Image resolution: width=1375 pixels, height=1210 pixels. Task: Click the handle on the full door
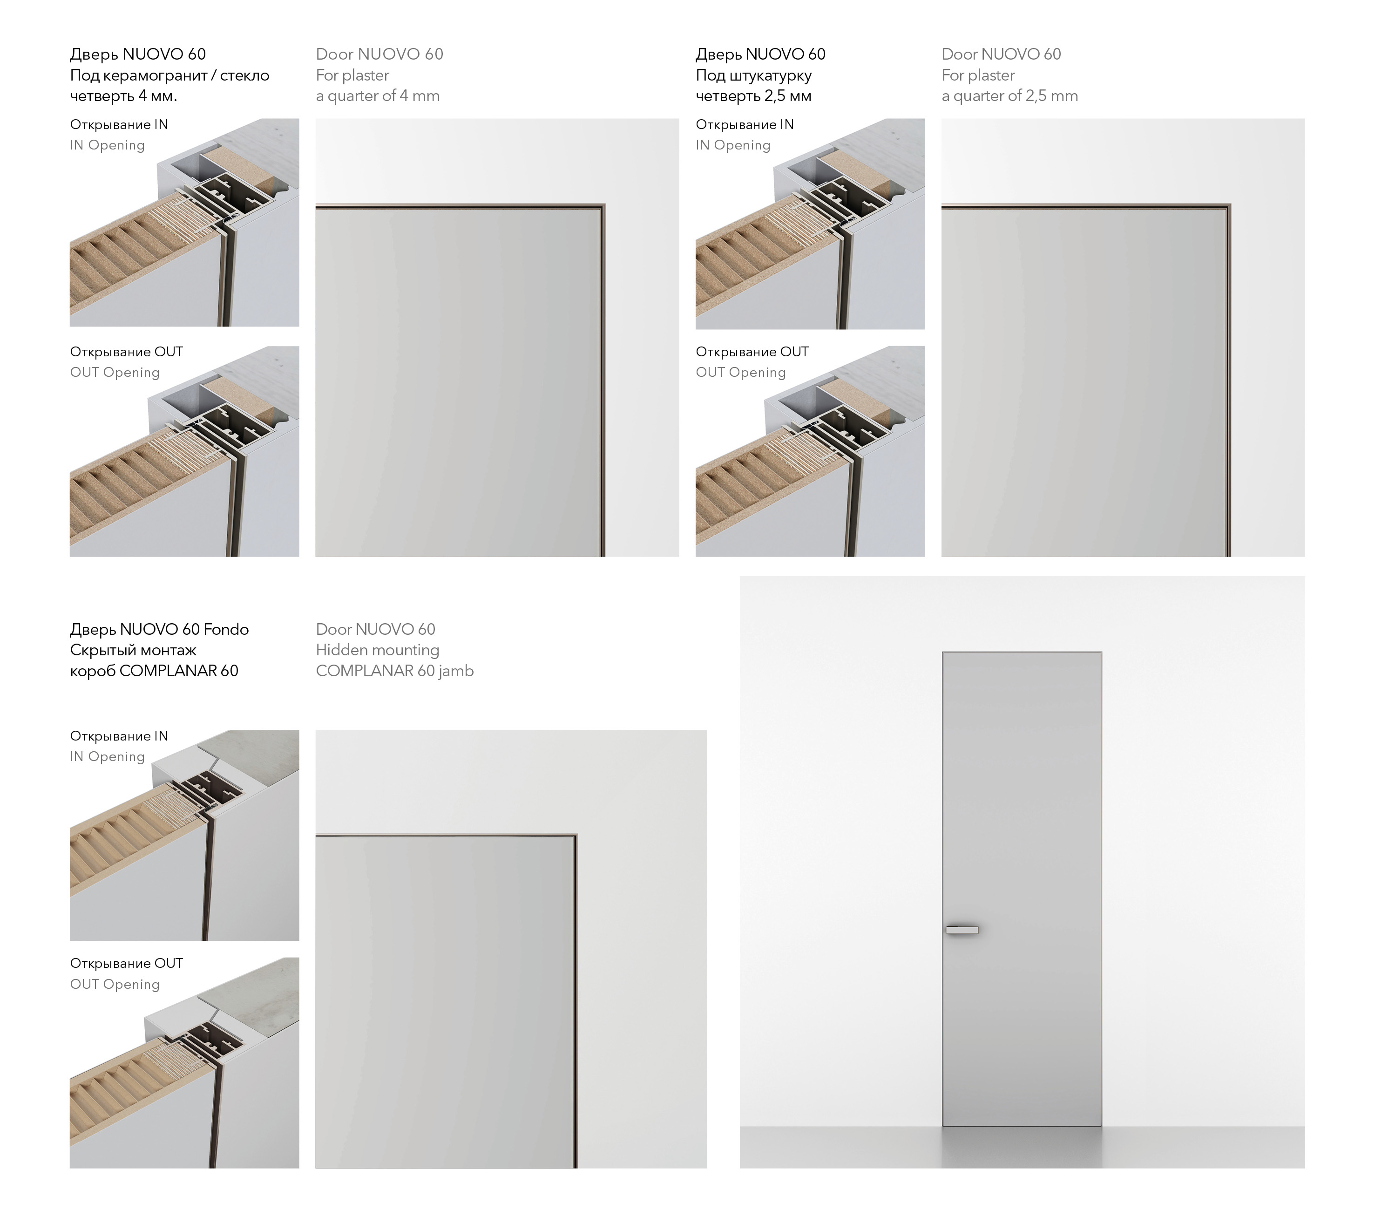coord(962,930)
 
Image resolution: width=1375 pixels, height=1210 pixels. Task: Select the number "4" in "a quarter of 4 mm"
coord(404,95)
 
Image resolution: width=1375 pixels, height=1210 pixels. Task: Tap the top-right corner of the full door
coord(1101,652)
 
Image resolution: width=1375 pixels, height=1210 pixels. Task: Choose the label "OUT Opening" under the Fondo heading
coord(115,984)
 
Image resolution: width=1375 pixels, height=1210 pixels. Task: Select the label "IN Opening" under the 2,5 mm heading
coord(733,145)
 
